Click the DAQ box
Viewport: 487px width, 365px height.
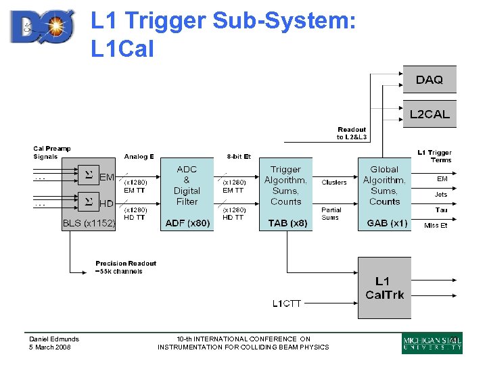coord(430,80)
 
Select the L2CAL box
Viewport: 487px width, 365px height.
coord(430,114)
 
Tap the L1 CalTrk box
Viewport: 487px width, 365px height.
coord(384,288)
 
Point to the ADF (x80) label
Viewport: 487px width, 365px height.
coord(187,222)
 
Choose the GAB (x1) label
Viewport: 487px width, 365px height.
coord(386,222)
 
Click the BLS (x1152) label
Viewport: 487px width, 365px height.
coord(89,222)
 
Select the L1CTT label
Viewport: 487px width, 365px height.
coord(287,303)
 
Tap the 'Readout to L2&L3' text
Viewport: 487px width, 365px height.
coord(352,133)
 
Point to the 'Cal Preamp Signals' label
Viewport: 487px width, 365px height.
coord(52,152)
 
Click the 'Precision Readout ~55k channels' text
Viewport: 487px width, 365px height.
coord(126,267)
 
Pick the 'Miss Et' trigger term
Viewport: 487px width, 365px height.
coord(436,226)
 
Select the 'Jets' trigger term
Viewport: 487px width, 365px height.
coord(440,195)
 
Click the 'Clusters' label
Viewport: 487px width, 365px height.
coord(334,182)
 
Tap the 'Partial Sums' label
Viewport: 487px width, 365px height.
coord(331,214)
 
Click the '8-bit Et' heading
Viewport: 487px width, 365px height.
coord(238,157)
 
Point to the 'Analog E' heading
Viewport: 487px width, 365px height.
coord(139,157)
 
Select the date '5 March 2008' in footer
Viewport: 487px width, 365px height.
coord(49,347)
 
